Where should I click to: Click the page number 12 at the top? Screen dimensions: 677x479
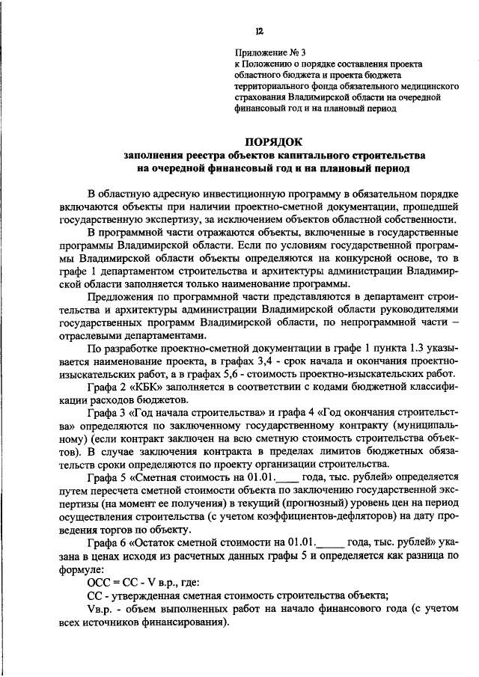258,31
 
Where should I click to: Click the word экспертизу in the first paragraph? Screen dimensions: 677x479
191,221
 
